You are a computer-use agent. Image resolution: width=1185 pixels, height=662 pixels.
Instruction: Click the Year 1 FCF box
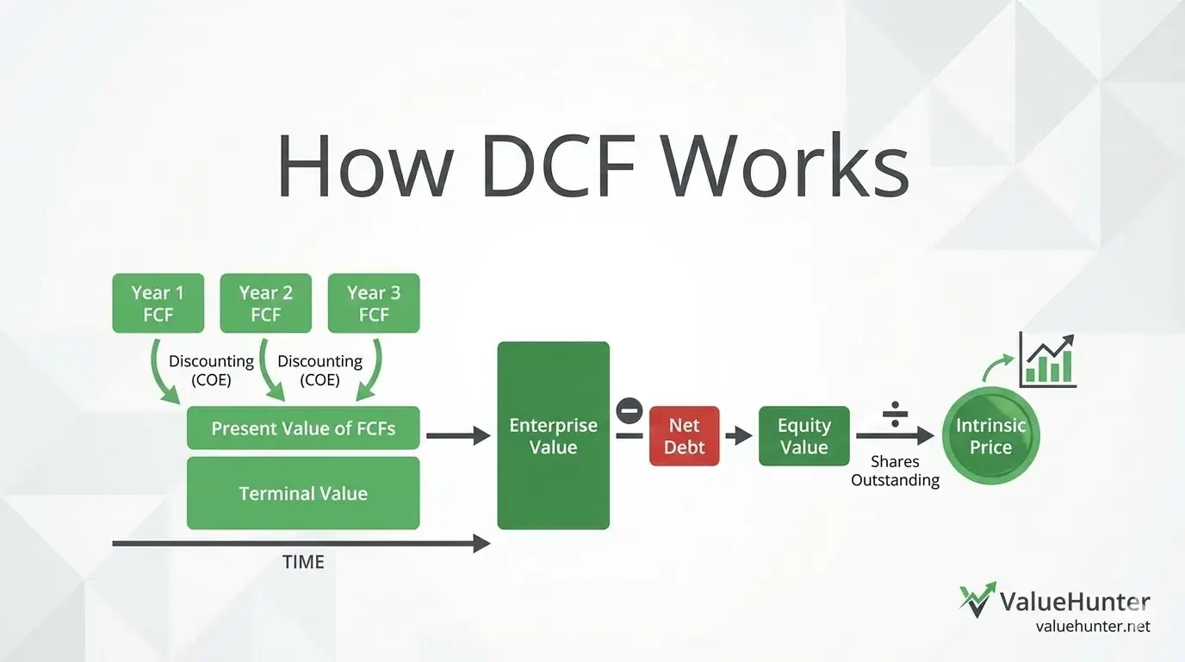pos(158,303)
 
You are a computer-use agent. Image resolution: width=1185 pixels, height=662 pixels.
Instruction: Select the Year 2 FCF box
pos(265,303)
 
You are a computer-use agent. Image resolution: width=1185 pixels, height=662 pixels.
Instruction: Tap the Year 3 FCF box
pos(374,303)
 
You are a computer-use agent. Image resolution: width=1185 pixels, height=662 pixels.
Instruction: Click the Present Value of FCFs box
pos(303,428)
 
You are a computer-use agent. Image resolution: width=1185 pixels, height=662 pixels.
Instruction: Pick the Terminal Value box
pos(303,493)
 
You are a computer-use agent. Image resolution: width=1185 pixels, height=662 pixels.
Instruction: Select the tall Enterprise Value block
pos(553,435)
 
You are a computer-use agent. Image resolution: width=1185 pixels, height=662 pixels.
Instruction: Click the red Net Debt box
pos(684,436)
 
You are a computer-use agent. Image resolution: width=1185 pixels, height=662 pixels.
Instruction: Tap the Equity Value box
pos(803,436)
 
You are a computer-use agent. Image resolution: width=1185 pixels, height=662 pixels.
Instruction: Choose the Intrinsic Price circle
pos(990,436)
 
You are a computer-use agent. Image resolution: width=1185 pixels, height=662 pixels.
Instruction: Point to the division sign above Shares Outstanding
pos(896,413)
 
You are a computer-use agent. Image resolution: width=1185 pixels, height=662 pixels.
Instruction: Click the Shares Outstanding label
pos(895,471)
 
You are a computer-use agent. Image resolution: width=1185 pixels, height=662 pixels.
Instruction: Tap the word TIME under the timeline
pos(303,562)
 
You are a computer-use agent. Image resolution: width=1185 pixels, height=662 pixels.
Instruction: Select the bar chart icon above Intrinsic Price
pos(1047,359)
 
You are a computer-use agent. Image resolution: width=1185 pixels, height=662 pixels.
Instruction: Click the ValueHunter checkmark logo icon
pos(977,598)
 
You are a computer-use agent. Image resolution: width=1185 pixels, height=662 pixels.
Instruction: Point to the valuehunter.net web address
pos(1093,627)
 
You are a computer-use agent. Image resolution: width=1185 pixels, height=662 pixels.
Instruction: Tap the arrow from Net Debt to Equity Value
pos(738,436)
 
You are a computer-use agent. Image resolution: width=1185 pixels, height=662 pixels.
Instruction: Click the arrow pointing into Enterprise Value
pos(458,436)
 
